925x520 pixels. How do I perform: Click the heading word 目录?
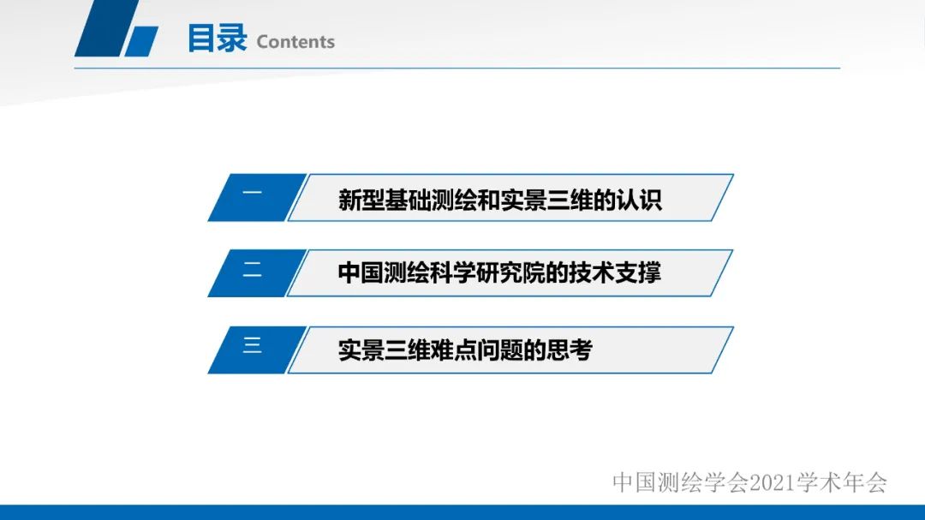pos(217,39)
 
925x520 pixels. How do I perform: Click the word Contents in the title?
pos(295,42)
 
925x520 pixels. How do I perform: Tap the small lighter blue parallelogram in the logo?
pos(142,41)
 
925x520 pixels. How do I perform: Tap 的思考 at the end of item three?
pos(560,350)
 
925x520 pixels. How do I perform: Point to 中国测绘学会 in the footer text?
pos(681,483)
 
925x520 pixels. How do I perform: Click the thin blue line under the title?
pos(514,68)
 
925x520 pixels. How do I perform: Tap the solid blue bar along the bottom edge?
pos(462,512)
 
